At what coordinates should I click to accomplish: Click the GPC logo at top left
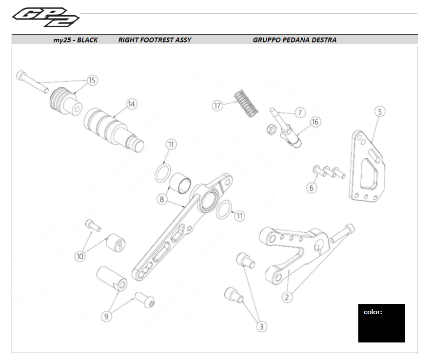[x=45, y=17]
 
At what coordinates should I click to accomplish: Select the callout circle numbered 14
[x=131, y=104]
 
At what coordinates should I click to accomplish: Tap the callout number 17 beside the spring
[x=217, y=105]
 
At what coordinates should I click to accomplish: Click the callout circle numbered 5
[x=380, y=112]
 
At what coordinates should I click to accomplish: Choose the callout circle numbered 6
[x=312, y=188]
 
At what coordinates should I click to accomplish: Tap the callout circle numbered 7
[x=299, y=113]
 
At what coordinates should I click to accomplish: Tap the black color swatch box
[x=381, y=323]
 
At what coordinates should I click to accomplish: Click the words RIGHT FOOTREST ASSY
[x=155, y=40]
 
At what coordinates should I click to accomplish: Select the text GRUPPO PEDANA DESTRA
[x=294, y=40]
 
